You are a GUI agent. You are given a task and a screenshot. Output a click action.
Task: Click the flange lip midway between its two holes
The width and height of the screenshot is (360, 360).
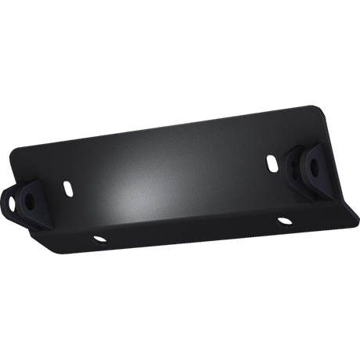[x=188, y=235]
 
